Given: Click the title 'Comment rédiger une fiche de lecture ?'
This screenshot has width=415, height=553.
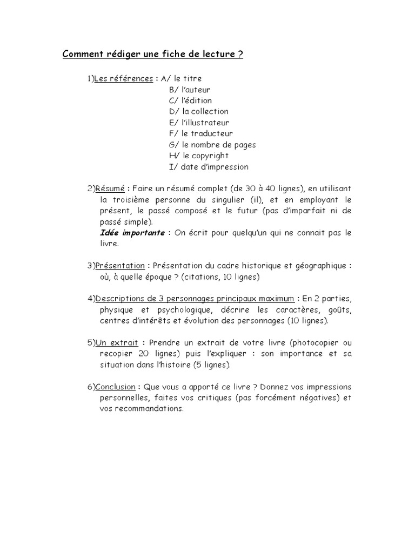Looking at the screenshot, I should (x=153, y=55).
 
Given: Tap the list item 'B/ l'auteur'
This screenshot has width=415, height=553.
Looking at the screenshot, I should (x=190, y=90).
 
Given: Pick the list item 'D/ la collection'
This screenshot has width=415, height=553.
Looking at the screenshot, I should (x=198, y=112).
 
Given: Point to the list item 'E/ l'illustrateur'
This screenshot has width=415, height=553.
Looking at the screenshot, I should (x=199, y=123).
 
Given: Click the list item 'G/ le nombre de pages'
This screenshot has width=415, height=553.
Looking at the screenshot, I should (x=212, y=145).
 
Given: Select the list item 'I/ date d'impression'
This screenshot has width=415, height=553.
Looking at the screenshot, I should (x=209, y=167).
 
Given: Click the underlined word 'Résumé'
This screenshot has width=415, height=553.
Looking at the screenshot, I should (x=110, y=188).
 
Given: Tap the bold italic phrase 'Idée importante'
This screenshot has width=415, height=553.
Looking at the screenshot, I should (x=132, y=233).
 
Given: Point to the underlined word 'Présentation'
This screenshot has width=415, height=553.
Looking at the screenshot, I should (x=120, y=266).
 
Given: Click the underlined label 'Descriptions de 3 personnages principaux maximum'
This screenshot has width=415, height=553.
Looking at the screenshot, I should (x=195, y=299).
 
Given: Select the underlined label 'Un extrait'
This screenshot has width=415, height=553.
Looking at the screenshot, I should (x=117, y=343).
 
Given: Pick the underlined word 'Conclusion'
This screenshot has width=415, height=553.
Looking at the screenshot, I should (x=116, y=387).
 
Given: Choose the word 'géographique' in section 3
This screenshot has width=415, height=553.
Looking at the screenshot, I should (x=319, y=266).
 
